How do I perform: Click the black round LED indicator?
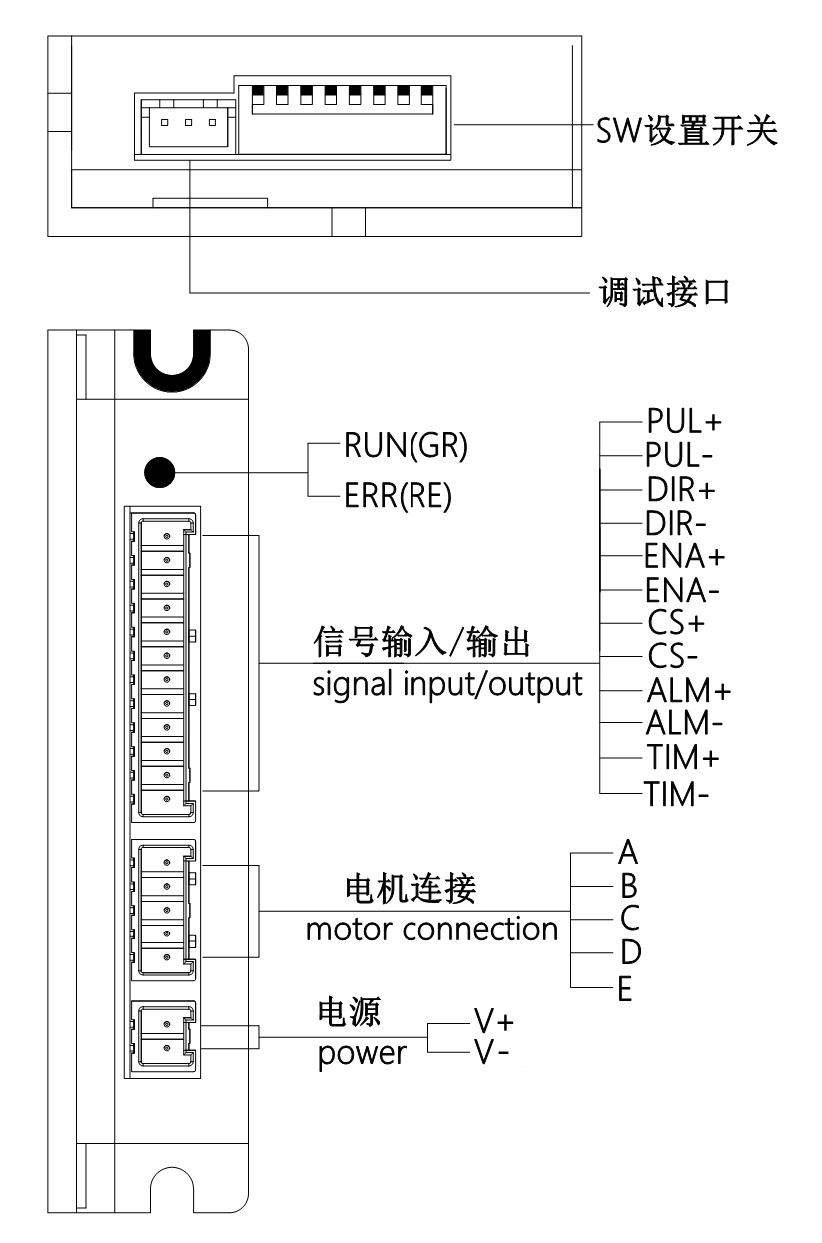tap(159, 472)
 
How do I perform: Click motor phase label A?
tap(627, 852)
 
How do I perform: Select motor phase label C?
tap(628, 919)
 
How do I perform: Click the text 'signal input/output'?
tap(442, 686)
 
